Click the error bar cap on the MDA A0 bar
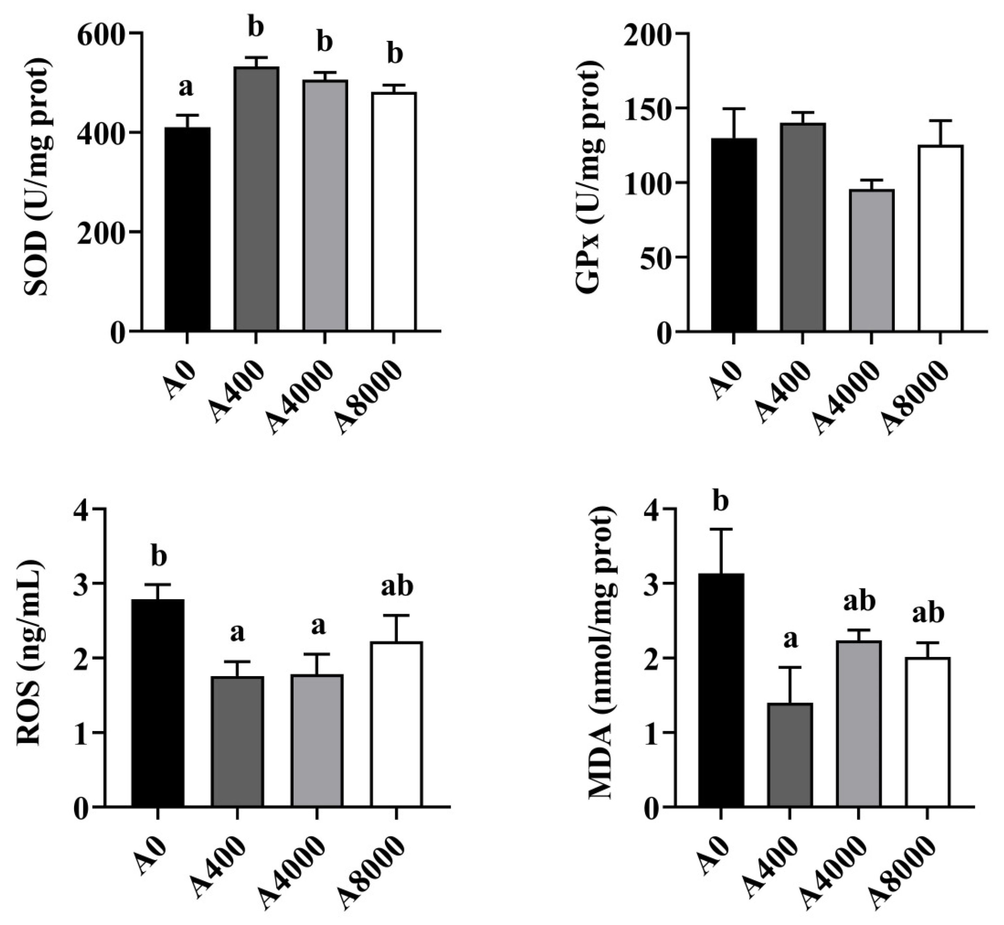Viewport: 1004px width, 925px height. point(721,529)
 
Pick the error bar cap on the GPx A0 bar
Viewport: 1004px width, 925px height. point(733,109)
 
